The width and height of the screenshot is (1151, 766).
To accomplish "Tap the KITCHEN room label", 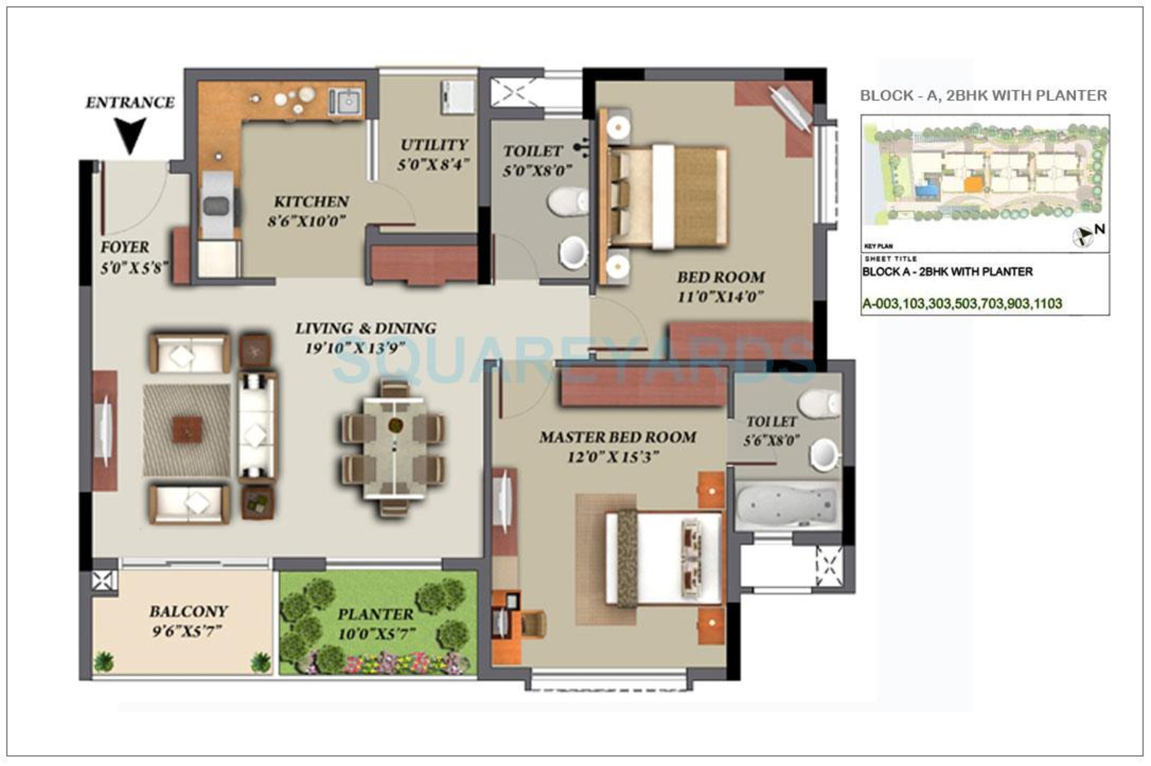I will coord(311,201).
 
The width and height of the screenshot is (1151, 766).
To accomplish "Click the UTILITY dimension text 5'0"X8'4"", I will coord(433,165).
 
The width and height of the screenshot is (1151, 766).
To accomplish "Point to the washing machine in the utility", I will coord(457,97).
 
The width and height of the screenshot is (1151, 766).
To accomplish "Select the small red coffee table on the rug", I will coord(187,429).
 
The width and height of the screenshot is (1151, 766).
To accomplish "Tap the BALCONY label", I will coord(189,611).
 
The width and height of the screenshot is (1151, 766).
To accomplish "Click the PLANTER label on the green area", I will coord(375,614).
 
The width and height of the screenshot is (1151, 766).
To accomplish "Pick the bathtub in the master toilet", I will coord(788,505).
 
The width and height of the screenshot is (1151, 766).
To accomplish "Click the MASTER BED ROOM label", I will coord(618,437).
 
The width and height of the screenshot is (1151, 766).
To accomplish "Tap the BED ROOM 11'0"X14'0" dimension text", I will coord(721,296).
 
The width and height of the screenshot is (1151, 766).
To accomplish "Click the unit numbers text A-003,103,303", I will coord(962,304).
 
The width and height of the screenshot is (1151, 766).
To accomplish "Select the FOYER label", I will coord(125,247).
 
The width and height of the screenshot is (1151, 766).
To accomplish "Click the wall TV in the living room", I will coord(104,430).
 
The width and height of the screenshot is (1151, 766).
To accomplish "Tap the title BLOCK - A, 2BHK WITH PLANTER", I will coord(983,95).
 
